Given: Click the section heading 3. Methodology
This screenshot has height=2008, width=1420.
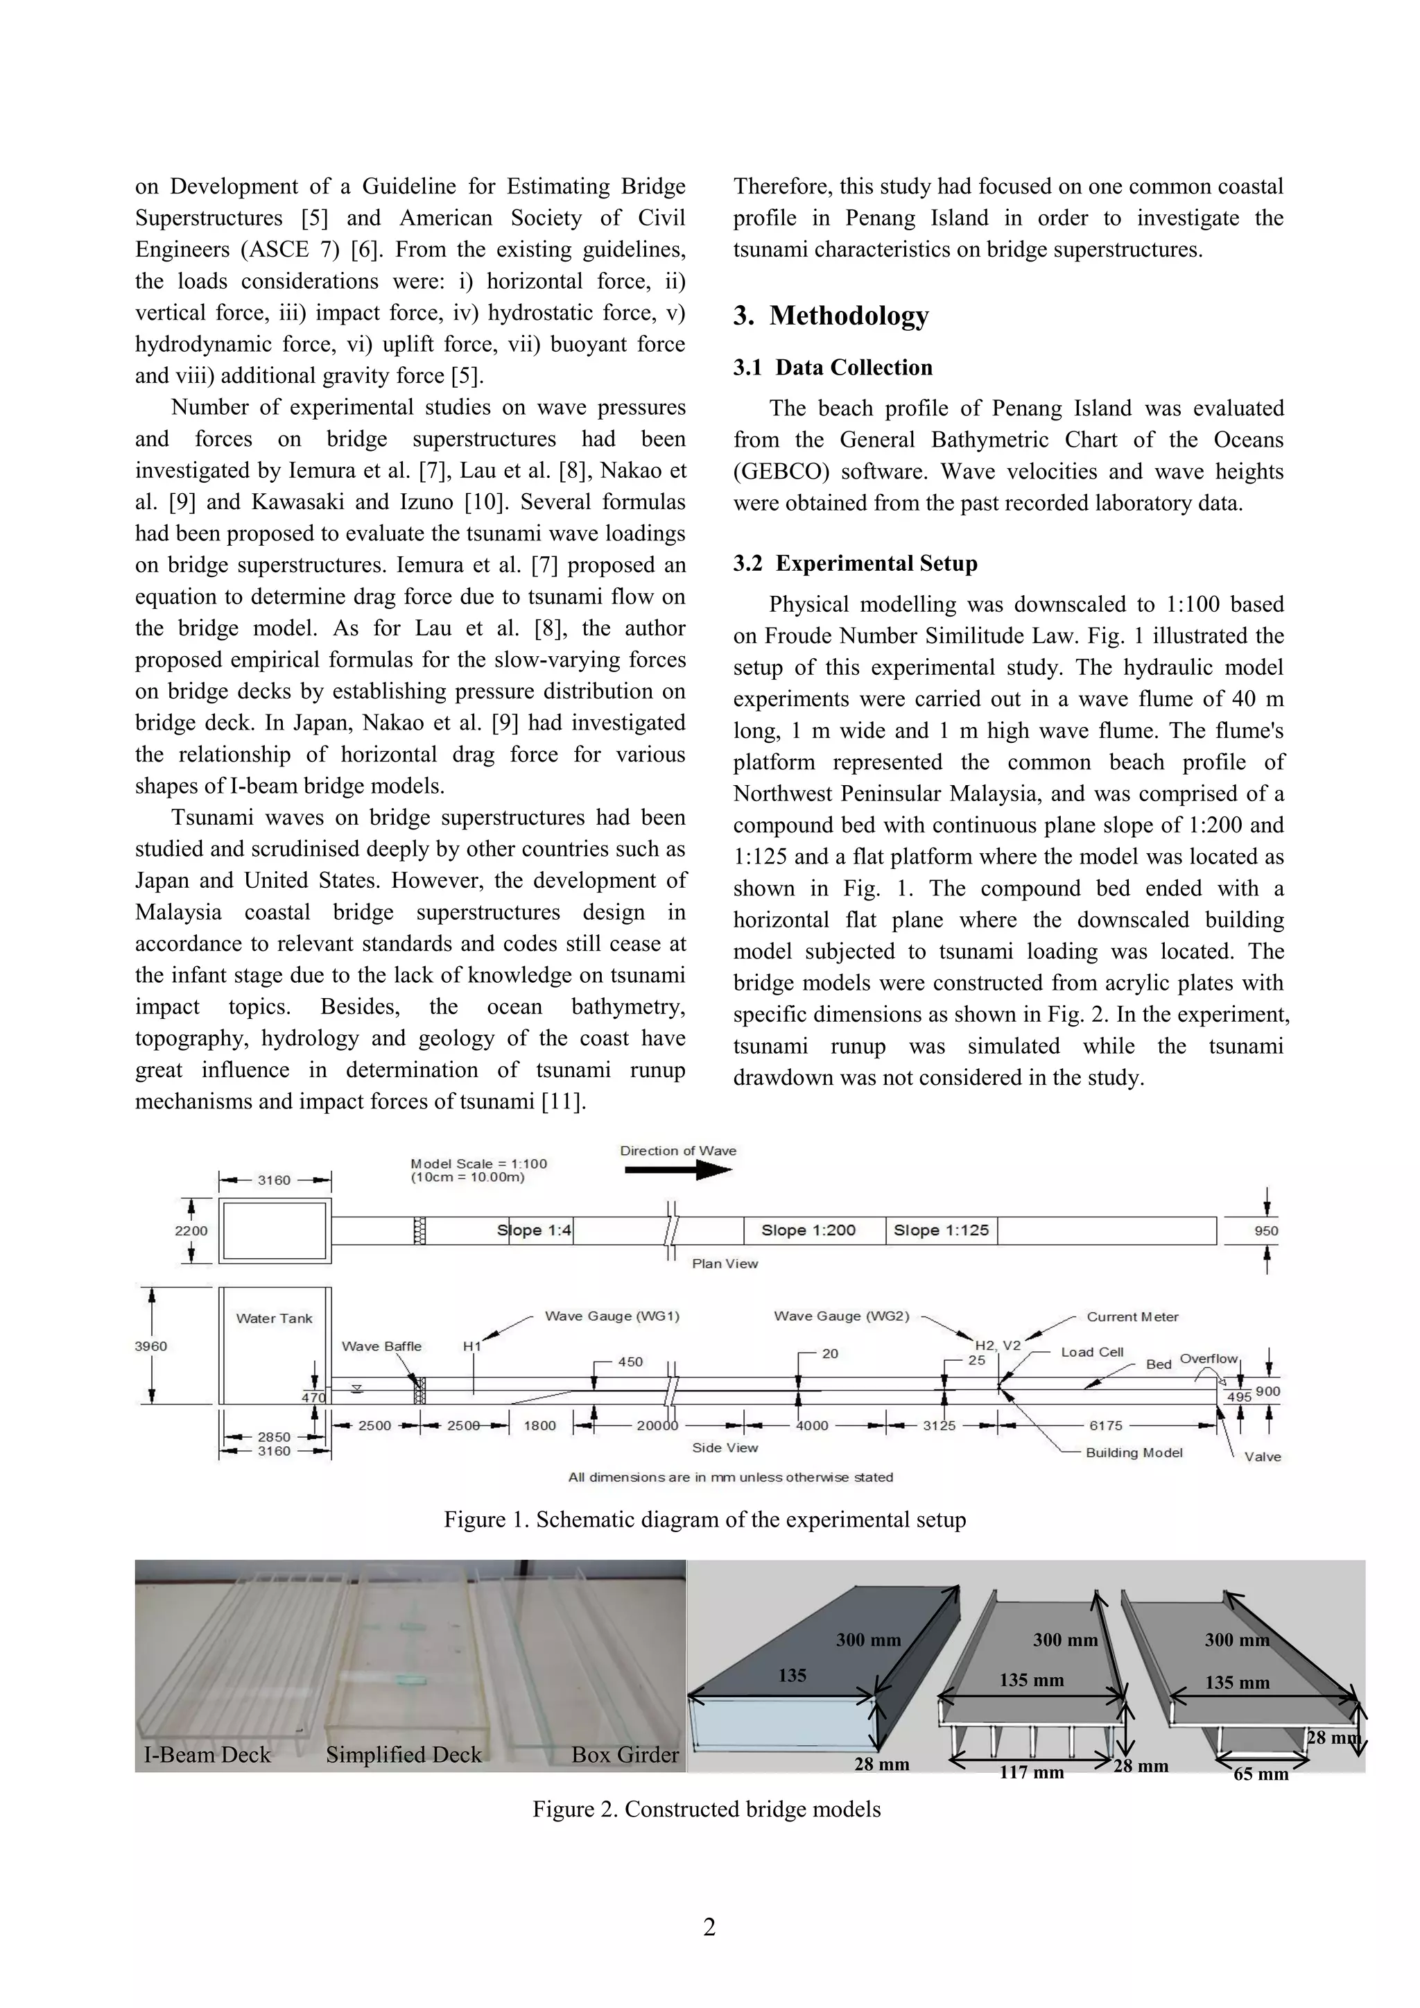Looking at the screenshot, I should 831,316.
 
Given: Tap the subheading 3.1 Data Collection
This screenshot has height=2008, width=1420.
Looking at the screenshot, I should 833,368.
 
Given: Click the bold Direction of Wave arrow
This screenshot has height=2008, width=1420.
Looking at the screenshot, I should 677,1171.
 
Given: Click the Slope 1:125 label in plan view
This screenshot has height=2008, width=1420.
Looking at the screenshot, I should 941,1230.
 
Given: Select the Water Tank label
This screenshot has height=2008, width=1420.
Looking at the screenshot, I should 274,1318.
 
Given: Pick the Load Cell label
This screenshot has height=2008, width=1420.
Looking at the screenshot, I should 1092,1352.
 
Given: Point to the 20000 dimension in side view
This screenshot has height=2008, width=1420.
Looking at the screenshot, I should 657,1425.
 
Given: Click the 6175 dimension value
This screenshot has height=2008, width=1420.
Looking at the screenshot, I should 1105,1425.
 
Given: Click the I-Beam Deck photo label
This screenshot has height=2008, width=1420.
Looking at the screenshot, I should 207,1754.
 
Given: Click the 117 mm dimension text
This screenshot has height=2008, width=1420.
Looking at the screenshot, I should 1031,1772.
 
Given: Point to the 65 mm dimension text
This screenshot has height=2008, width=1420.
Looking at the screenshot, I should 1260,1774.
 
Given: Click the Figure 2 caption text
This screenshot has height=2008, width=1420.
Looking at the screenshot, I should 707,1809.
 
